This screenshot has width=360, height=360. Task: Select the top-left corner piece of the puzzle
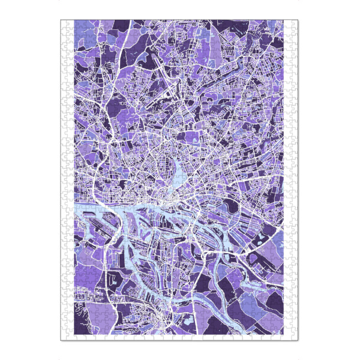[x=64, y=23]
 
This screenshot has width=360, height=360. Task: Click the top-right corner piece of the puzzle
[x=295, y=23]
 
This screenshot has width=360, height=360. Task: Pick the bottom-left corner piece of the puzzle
[x=64, y=337]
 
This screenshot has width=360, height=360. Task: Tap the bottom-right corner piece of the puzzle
[x=295, y=337]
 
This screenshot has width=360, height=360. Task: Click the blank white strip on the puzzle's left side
[x=67, y=180]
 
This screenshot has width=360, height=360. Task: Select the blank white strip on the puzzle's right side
[x=292, y=180]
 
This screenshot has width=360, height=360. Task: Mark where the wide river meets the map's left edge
[x=74, y=209]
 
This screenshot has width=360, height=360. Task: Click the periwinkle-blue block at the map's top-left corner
[x=81, y=33]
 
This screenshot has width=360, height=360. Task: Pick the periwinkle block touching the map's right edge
[x=277, y=243]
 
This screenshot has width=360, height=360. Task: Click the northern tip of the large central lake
[x=180, y=157]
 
